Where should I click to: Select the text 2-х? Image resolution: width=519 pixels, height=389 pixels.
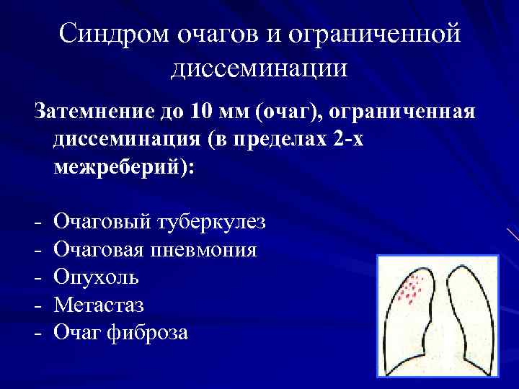(348, 140)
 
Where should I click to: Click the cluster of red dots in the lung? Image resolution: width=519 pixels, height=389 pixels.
(410, 289)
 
